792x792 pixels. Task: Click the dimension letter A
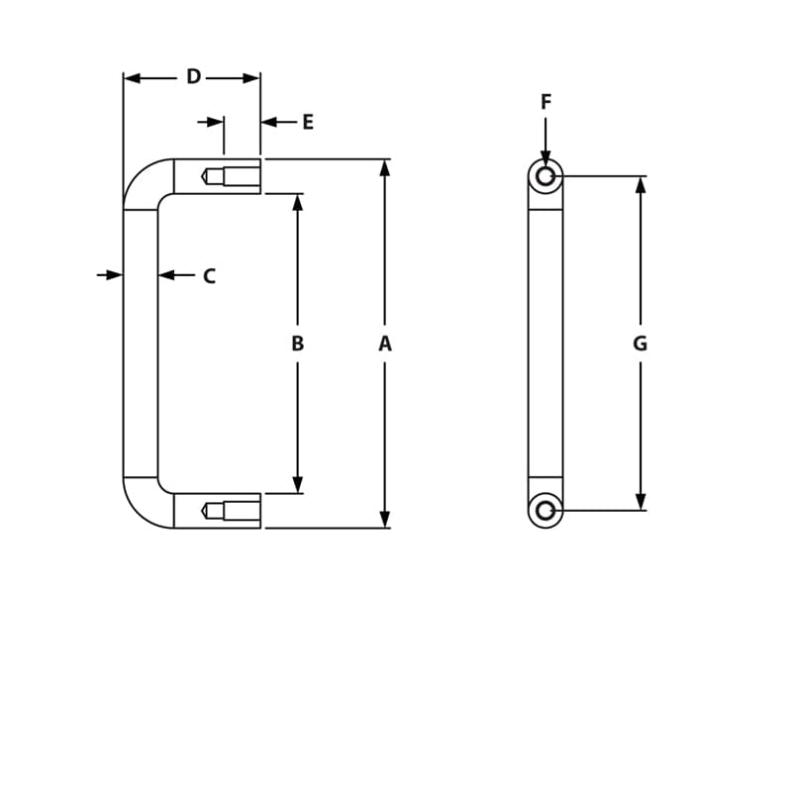[385, 344]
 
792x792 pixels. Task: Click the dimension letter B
[297, 344]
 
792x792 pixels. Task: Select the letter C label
[209, 277]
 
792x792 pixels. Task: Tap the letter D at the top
[193, 77]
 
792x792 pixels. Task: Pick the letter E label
[308, 123]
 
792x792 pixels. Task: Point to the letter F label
[545, 102]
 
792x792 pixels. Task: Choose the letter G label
[640, 344]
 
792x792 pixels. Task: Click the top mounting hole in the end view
[545, 176]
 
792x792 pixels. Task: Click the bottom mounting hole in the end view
[545, 511]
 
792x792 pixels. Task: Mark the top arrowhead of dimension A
[385, 167]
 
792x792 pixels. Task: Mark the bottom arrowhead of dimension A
[385, 520]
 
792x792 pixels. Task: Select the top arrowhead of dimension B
[297, 202]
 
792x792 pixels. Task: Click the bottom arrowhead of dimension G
[641, 502]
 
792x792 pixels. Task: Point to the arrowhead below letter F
[545, 157]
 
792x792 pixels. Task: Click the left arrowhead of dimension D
[133, 78]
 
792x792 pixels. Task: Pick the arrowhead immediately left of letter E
[269, 122]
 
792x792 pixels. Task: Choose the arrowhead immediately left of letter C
[166, 275]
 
